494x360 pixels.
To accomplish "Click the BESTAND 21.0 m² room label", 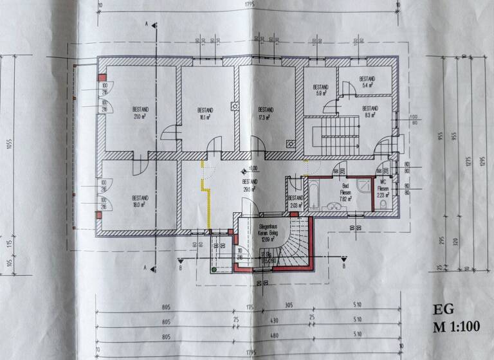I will [141, 113].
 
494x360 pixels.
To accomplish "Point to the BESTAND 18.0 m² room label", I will [140, 201].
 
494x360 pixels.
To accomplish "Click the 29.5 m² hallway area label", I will [250, 186].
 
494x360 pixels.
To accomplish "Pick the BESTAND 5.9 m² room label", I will [320, 90].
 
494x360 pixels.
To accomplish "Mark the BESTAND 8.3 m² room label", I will [369, 113].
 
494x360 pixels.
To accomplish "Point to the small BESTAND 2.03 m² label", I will [295, 201].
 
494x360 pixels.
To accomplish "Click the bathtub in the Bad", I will [315, 194].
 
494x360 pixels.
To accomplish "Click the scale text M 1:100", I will [457, 326].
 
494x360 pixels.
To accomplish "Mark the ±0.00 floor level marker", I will [248, 170].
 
